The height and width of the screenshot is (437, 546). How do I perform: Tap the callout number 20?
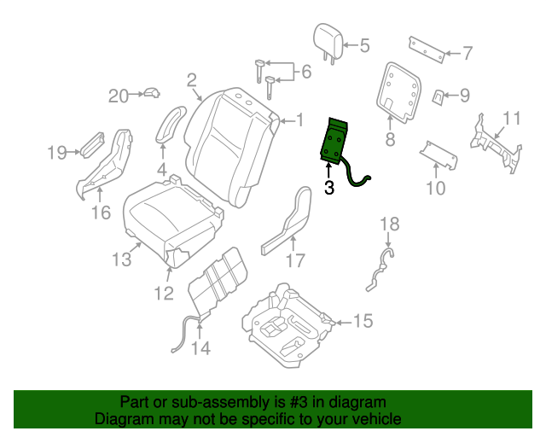pyautogui.click(x=118, y=96)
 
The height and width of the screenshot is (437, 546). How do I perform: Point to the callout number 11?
pyautogui.click(x=511, y=118)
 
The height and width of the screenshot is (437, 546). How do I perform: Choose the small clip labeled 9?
pyautogui.click(x=438, y=96)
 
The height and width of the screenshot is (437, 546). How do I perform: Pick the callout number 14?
pyautogui.click(x=200, y=347)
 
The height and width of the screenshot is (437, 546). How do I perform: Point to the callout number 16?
pyautogui.click(x=101, y=211)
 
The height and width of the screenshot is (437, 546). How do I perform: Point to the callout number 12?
pyautogui.click(x=163, y=294)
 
